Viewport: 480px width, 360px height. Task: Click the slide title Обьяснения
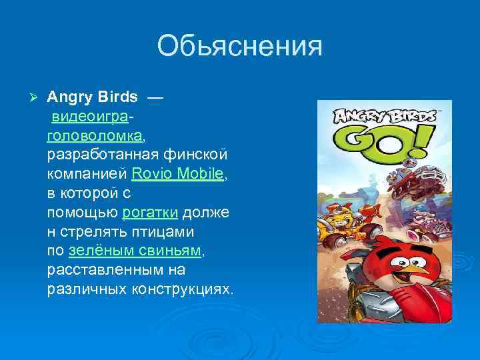239,47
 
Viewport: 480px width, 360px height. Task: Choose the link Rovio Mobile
179,174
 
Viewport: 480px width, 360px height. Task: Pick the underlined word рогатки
150,213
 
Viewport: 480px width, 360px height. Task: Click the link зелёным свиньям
134,251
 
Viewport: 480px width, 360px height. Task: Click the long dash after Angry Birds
154,97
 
